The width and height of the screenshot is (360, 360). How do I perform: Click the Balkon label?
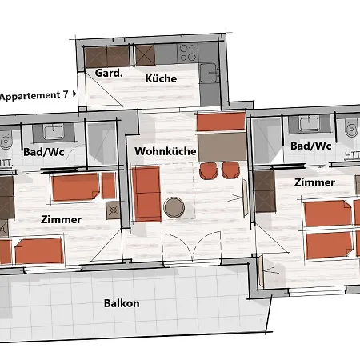point(122,303)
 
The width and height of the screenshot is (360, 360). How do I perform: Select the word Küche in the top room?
point(161,78)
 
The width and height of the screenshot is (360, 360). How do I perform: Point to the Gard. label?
point(108,73)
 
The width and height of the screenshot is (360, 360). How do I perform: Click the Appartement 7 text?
point(34,95)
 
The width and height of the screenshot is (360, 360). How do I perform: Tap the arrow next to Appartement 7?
point(75,94)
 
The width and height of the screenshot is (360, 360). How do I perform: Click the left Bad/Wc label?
point(43,150)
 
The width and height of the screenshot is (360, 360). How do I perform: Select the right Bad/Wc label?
point(310,146)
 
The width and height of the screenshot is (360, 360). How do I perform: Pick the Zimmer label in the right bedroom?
point(314,182)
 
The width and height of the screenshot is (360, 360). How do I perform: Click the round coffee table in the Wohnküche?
point(174,208)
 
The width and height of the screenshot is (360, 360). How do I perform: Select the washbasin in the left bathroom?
point(54,132)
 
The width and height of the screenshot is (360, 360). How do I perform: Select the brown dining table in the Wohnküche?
point(221,146)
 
